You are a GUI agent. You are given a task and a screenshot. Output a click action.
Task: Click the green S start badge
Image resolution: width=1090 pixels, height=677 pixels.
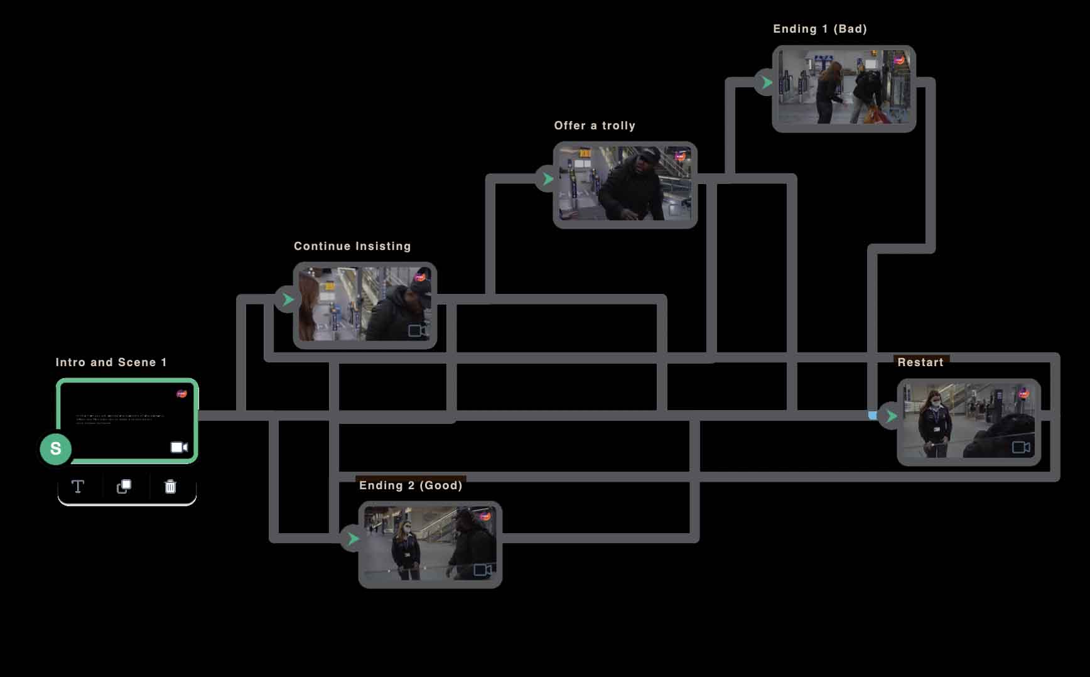tap(56, 449)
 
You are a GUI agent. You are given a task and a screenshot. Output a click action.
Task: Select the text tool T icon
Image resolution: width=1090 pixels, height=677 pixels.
tap(78, 487)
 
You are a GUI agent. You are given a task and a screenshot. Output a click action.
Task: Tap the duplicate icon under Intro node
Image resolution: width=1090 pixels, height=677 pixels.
tap(124, 487)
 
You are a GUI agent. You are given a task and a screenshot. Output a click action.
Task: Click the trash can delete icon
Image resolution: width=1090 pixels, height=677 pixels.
tap(170, 487)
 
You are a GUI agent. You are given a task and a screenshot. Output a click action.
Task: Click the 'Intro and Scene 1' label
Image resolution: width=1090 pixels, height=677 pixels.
tap(111, 362)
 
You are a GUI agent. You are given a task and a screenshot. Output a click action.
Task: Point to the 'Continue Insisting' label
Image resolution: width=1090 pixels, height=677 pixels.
tap(352, 246)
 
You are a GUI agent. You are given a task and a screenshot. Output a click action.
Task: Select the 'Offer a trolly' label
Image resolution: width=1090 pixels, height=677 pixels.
tap(595, 126)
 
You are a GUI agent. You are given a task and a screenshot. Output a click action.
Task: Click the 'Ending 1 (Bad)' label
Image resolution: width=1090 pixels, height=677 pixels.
tap(819, 29)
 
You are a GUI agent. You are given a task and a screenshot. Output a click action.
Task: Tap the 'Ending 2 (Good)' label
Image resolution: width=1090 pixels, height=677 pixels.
tap(411, 485)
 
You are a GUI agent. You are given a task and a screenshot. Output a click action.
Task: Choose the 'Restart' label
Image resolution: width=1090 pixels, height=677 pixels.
tap(920, 362)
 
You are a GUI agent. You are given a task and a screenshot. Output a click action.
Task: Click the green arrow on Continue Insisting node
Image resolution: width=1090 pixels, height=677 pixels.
tap(288, 300)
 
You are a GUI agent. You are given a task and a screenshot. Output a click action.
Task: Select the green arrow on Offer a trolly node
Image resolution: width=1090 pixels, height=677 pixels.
tap(548, 179)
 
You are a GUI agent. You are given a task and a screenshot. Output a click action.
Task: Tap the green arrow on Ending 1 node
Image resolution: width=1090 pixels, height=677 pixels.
tap(766, 82)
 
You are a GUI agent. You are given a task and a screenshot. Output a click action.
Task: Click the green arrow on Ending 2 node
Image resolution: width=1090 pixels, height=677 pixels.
tap(353, 539)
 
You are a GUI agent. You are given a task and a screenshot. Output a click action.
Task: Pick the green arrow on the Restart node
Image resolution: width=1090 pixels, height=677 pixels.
tap(890, 416)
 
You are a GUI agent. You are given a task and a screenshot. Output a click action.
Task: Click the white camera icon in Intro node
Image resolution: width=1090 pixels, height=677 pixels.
tap(179, 447)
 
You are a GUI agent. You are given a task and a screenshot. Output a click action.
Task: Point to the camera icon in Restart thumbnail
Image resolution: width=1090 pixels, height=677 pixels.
tap(1021, 447)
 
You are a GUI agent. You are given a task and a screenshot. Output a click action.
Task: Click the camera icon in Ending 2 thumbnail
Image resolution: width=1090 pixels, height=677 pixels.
tap(482, 570)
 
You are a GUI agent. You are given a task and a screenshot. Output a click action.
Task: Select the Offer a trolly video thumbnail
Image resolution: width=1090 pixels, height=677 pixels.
tap(625, 184)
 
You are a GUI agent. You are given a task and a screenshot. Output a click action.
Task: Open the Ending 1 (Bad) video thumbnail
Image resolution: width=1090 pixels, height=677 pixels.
tap(844, 88)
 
